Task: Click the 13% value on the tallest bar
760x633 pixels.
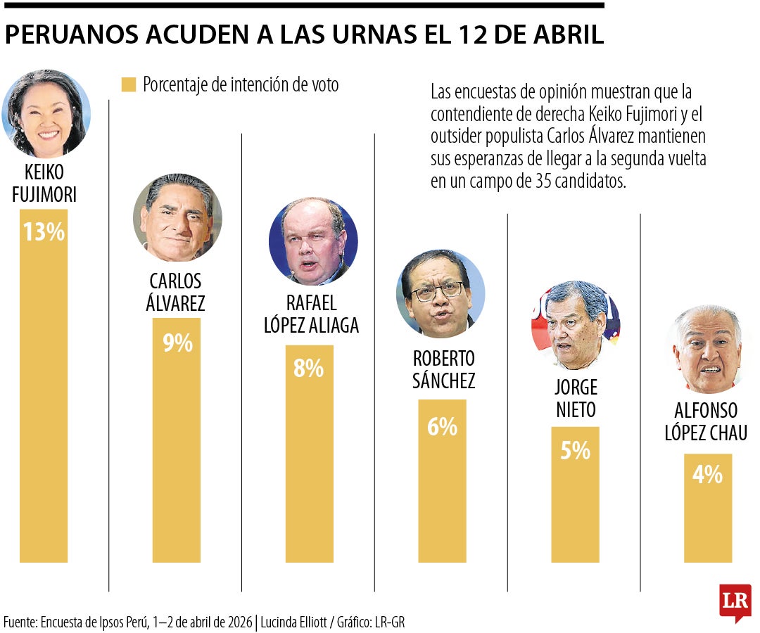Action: tap(44, 232)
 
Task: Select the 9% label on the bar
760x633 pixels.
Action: tap(177, 343)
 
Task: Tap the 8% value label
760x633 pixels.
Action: tap(309, 369)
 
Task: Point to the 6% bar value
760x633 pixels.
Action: tap(442, 426)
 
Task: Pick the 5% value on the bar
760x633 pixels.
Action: tap(575, 451)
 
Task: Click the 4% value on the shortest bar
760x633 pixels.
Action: tap(707, 475)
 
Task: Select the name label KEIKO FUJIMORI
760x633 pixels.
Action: tap(44, 184)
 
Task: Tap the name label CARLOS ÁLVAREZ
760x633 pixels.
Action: tap(176, 292)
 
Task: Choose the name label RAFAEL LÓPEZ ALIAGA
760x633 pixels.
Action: tap(311, 314)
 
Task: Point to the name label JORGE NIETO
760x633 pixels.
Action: tap(576, 398)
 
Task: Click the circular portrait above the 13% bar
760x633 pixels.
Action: tap(46, 114)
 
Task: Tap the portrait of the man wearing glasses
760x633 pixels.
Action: tap(441, 294)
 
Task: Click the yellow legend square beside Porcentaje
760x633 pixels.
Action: tap(128, 85)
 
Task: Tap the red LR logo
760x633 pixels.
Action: tap(735, 601)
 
